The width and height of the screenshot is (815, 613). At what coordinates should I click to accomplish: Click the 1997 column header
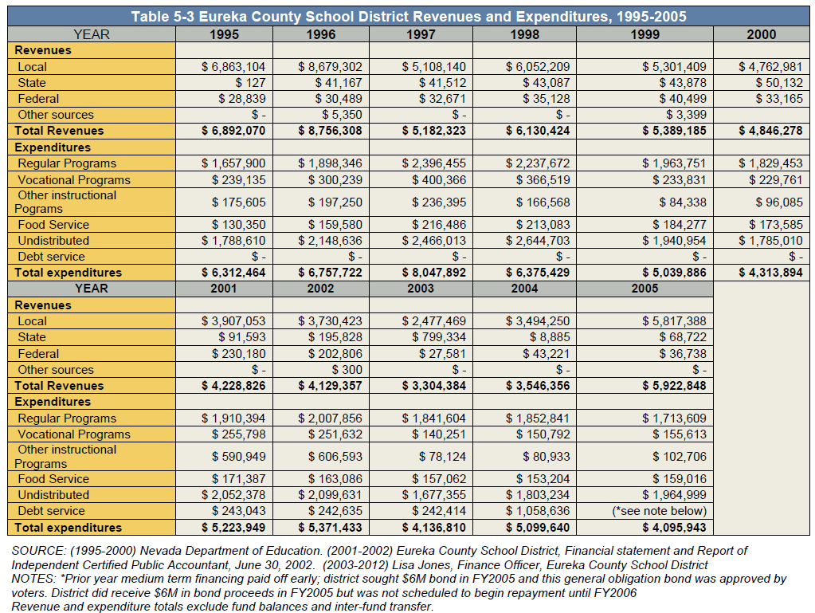coord(421,34)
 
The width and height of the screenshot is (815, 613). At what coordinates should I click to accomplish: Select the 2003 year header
coord(421,289)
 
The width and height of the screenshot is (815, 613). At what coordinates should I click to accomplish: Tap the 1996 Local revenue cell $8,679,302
coord(330,66)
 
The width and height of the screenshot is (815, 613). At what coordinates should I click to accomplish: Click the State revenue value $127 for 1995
coord(250,83)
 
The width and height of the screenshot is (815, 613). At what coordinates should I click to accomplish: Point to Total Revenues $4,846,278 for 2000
coord(771,131)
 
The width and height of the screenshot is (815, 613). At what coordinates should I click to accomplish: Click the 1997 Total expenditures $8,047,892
coord(434,273)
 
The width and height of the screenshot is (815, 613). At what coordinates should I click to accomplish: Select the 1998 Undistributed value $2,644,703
coord(538,241)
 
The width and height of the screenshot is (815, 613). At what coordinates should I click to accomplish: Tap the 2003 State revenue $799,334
coord(439,337)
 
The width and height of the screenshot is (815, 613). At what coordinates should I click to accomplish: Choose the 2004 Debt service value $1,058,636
coord(538,511)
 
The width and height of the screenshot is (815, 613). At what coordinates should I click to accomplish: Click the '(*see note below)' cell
coord(660,511)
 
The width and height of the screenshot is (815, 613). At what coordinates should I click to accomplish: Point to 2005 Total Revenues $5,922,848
coord(674,385)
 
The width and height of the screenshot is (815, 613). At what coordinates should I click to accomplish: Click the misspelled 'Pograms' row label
coord(38,209)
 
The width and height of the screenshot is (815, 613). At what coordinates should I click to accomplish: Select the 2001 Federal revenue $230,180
coord(238,354)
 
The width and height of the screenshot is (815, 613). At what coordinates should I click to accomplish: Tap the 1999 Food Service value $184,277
coord(680,225)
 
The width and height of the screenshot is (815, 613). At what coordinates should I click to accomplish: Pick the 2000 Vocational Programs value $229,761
coord(776,180)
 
